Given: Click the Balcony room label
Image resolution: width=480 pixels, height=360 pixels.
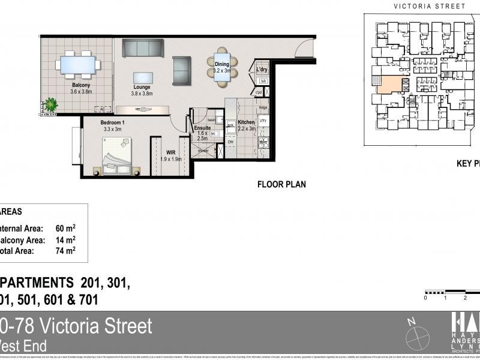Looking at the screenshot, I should (76, 85).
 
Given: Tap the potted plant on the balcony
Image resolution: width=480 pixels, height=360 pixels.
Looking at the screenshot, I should (51, 104).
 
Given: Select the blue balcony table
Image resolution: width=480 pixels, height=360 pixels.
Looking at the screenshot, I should (78, 64).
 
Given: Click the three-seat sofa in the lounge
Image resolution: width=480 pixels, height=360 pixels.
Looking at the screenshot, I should (143, 48).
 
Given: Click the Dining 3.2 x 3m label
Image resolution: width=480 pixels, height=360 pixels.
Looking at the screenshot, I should (222, 67).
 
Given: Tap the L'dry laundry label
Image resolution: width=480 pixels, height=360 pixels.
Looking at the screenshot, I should (262, 70).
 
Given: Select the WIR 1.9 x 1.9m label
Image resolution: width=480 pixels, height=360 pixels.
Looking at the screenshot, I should (175, 156).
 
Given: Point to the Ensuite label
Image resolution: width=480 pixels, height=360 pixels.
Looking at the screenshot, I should (202, 128).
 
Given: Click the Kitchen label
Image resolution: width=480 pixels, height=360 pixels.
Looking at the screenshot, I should (246, 122).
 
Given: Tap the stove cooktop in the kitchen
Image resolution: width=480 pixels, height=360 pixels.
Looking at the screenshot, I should (263, 143).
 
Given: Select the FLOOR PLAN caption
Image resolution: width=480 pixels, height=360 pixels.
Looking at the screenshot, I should (281, 184).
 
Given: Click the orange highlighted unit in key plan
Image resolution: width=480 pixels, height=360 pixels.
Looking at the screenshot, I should (389, 85).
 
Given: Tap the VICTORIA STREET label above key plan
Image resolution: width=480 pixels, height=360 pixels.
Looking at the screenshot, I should (429, 6).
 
